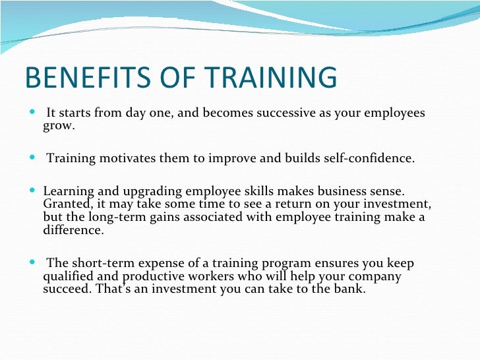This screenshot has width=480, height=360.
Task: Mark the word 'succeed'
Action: coord(69,288)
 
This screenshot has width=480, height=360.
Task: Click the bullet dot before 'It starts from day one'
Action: coord(34,113)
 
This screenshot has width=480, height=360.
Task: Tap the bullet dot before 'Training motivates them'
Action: coord(34,159)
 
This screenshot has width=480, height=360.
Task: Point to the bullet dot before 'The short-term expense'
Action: coord(34,263)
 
